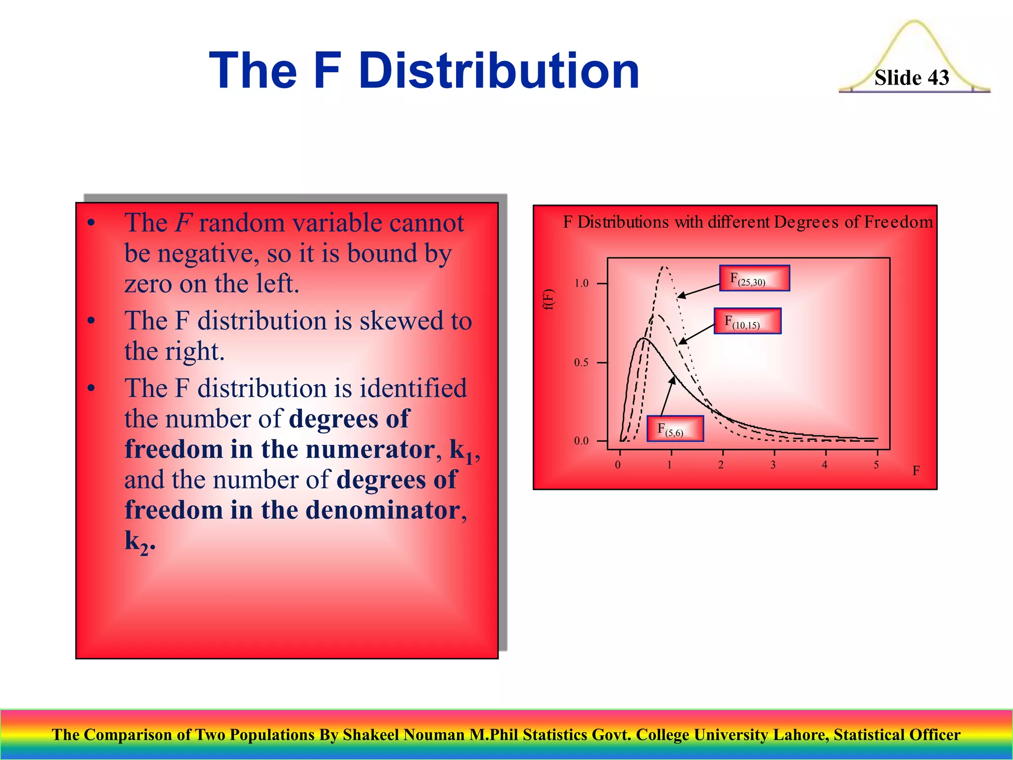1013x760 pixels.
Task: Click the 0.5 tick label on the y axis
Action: (581, 363)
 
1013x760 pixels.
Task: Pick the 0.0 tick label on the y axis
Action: (581, 441)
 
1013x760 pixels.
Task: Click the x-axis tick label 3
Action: (773, 465)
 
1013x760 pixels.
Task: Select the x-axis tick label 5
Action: (876, 465)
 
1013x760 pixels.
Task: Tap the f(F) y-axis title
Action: (549, 299)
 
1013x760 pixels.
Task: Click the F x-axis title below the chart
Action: (916, 471)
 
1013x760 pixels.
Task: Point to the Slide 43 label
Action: (912, 78)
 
